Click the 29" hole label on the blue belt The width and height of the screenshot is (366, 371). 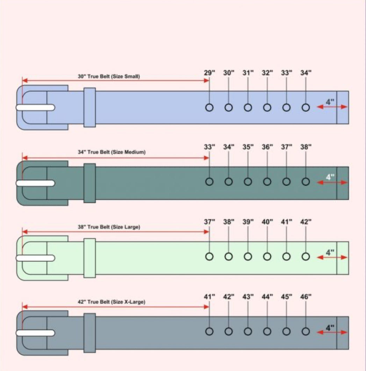pos(209,73)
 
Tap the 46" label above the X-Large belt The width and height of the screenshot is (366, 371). pos(306,297)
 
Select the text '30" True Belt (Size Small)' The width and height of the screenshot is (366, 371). pos(109,76)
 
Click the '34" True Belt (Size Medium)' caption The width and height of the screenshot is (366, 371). pos(112,152)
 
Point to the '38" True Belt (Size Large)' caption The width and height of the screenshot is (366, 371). pos(109,227)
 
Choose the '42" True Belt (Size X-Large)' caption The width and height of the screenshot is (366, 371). pos(112,302)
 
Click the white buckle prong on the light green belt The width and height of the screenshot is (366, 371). pos(36,258)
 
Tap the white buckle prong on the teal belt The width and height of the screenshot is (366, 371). pos(36,183)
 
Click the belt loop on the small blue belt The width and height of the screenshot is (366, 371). pos(90,107)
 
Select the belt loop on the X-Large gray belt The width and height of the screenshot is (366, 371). pos(90,333)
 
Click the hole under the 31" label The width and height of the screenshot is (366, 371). pos(248,107)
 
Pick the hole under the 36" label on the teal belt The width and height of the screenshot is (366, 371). pos(267,182)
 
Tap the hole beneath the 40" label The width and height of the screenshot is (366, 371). pos(267,256)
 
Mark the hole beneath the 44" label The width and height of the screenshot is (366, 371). pos(267,331)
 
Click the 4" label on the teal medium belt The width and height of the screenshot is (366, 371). pos(330,177)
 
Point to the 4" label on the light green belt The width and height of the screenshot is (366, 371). pos(330,252)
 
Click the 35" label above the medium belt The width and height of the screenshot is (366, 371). pos(248,147)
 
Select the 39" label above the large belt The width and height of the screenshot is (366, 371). pos(248,222)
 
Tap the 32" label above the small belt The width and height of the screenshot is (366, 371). pos(267,73)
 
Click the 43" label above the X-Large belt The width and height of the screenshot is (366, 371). pos(248,297)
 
